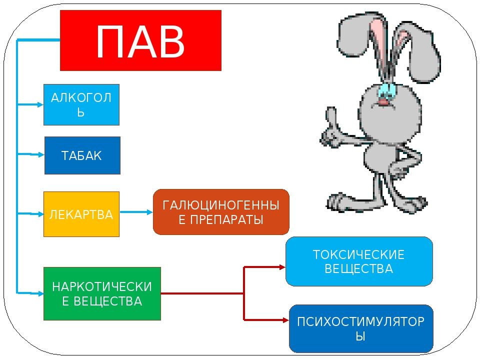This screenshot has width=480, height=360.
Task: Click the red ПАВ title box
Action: (x=140, y=40)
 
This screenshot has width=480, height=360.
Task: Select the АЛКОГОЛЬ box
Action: (x=81, y=104)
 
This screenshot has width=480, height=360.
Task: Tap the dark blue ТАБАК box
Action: (x=82, y=155)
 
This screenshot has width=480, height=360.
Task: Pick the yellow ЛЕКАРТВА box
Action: (x=81, y=214)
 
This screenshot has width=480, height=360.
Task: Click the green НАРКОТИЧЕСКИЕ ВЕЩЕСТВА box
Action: (x=102, y=293)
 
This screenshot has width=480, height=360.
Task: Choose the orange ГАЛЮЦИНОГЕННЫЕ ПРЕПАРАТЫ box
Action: (x=221, y=212)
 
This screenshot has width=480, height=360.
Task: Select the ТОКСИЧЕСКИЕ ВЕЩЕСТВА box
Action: (x=358, y=261)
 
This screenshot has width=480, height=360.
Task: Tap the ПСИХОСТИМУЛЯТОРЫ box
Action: (x=361, y=328)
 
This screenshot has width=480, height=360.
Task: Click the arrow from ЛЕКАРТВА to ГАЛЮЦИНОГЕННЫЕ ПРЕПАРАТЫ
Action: (x=136, y=212)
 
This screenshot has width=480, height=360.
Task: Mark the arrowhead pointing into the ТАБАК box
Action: (x=40, y=155)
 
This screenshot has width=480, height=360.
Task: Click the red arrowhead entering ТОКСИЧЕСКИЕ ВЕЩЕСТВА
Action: (x=281, y=267)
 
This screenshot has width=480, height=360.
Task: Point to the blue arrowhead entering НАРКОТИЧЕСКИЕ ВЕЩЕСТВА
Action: (x=39, y=291)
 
